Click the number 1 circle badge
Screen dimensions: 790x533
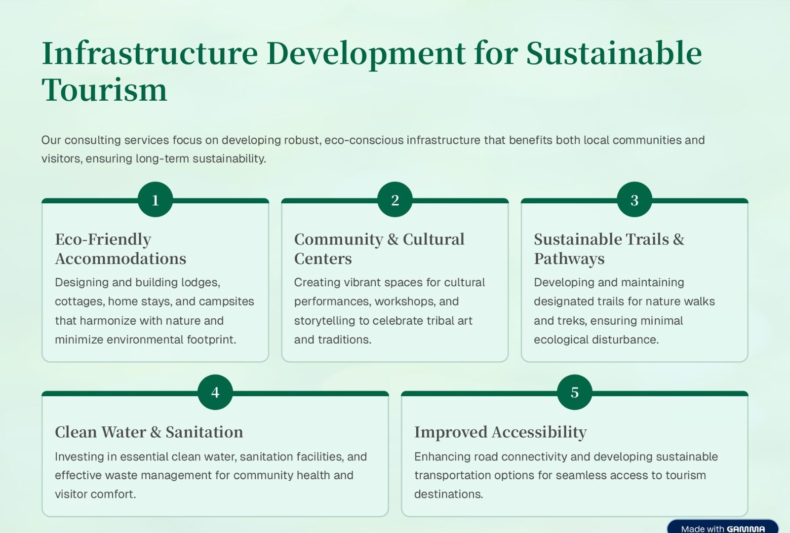pos(155,199)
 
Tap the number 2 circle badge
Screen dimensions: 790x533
pos(395,199)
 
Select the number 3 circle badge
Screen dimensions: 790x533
pos(634,199)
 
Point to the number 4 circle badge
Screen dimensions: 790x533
pos(215,392)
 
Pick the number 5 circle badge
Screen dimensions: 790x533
pos(575,392)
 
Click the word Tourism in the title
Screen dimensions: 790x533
pos(104,90)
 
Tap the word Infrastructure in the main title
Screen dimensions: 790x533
pos(150,54)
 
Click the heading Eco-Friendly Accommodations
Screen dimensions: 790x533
pos(120,249)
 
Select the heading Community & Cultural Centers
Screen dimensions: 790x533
pos(379,249)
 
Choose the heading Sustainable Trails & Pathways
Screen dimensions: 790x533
pos(609,249)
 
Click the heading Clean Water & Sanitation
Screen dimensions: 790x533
pos(149,432)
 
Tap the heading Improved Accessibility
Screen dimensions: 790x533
pos(501,432)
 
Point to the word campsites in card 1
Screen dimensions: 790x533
pos(227,302)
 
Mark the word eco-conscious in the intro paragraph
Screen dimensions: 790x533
pos(364,140)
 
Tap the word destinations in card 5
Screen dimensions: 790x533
pos(449,494)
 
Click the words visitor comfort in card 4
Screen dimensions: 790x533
pos(95,494)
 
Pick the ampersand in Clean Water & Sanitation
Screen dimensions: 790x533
pos(156,432)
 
